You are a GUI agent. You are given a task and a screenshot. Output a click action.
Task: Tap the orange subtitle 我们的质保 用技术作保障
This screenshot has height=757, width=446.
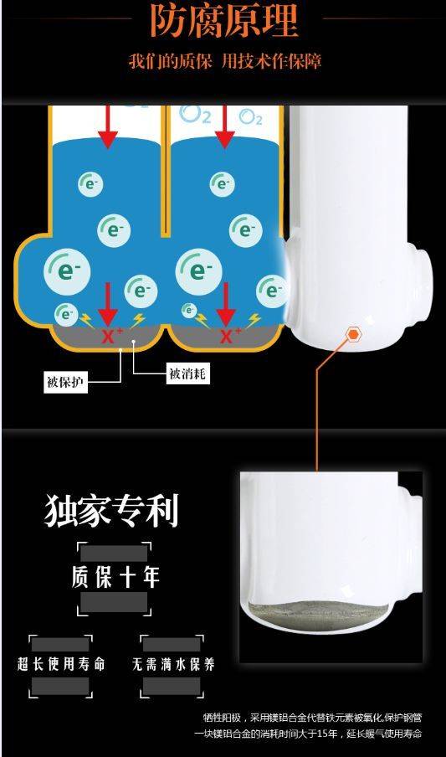coord(224,61)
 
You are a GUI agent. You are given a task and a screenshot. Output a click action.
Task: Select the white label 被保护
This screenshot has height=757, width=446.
coord(65,383)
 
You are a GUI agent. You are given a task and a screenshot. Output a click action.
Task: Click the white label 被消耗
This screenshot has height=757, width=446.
coord(189,373)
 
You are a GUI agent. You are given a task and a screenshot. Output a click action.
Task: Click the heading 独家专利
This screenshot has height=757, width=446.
coord(111,510)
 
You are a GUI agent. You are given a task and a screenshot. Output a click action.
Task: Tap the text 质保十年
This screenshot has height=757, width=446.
coord(115,578)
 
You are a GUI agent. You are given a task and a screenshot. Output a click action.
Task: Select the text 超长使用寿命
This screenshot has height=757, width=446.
coord(61,664)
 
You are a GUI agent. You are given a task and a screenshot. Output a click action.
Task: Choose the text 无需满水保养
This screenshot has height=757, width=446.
coord(173,664)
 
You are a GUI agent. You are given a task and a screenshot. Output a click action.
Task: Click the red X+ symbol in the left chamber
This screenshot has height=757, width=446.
coord(109,336)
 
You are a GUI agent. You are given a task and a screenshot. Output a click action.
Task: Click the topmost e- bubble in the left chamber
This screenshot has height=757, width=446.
coord(90,183)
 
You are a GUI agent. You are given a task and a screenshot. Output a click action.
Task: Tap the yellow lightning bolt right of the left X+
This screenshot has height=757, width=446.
coord(138,319)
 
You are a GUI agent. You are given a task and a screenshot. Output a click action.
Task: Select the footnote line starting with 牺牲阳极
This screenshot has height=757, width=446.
coord(313,717)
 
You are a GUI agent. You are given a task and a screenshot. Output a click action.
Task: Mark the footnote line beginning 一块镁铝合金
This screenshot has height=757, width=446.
coord(309,734)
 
